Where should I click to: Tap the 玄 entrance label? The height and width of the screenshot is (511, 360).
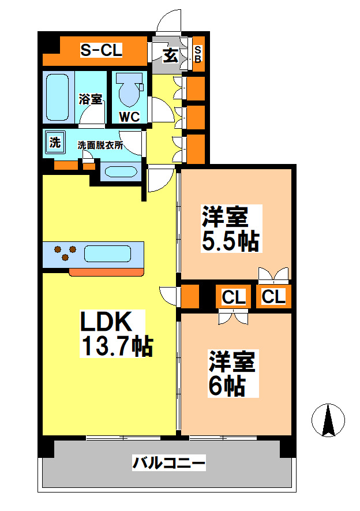[170, 55]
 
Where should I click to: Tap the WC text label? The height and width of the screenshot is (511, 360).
[129, 117]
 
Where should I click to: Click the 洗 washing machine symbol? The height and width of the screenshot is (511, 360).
[54, 143]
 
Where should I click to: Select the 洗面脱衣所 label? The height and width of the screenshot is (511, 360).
[100, 146]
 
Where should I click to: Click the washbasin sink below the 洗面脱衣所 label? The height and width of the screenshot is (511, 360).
[119, 171]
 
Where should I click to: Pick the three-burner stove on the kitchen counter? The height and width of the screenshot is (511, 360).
[64, 253]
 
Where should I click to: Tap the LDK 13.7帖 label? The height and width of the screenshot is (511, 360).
[115, 334]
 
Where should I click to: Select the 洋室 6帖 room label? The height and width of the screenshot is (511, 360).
[231, 374]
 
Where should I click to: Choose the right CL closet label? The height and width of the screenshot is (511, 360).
[273, 297]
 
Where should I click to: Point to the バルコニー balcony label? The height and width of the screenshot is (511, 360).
[169, 462]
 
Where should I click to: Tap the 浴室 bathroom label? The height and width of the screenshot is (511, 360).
[91, 99]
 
